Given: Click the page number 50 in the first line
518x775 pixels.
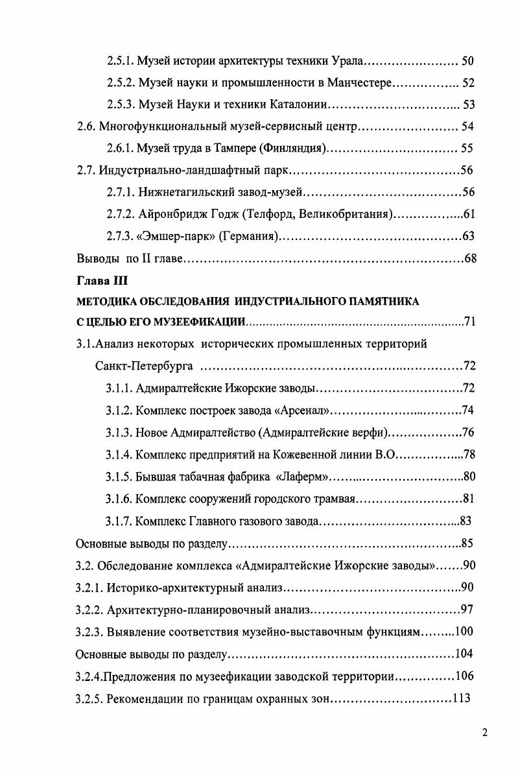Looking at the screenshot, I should (x=468, y=62).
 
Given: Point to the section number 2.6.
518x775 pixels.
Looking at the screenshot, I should (x=86, y=126).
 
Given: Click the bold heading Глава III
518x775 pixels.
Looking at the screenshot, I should (x=95, y=281).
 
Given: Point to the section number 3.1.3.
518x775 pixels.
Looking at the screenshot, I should (x=119, y=433).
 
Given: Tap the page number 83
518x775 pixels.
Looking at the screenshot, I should (x=464, y=521).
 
